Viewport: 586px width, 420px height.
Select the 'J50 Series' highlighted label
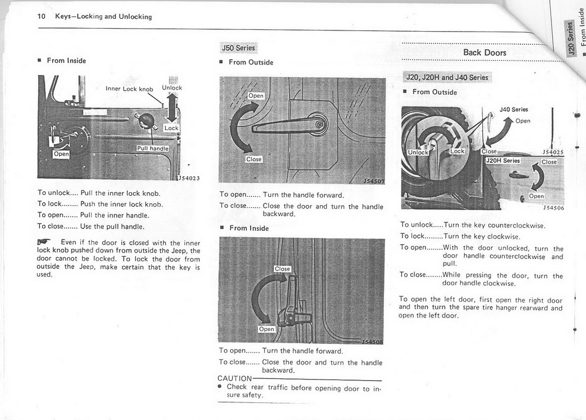238,47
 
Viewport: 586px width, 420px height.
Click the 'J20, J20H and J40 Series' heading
447,77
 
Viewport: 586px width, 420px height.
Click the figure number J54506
553,207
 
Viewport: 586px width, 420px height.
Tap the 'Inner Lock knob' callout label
129,89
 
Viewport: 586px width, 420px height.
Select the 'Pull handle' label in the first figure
152,148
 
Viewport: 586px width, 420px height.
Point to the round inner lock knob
146,121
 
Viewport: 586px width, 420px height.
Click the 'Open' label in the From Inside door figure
61,154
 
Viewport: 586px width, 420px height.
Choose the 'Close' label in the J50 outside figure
254,159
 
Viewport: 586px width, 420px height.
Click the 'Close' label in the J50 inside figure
282,269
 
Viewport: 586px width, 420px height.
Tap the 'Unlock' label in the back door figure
418,152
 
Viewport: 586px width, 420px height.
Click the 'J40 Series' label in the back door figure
513,110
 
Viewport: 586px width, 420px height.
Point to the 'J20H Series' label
503,161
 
